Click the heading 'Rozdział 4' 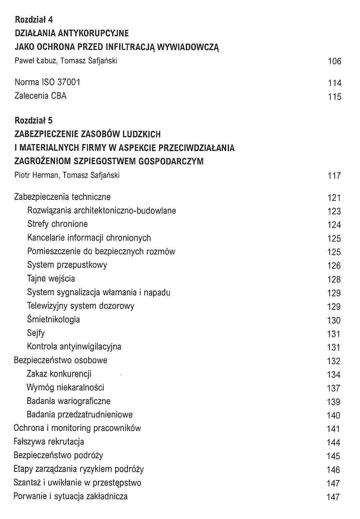point(34,20)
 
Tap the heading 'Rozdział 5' point(34,121)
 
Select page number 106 point(334,61)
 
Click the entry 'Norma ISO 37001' point(47,82)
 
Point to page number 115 point(334,97)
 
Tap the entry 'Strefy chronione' point(57,224)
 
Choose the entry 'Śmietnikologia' point(53,320)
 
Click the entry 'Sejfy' point(36,333)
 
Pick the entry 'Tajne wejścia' point(51,279)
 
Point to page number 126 point(334,266)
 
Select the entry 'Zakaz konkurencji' point(59,374)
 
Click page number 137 point(333,388)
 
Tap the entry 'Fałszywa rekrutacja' point(49,442)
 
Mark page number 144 point(333,443)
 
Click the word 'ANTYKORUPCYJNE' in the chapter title point(93,33)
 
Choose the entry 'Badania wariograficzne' point(68,401)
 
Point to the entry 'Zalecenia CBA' point(40,96)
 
